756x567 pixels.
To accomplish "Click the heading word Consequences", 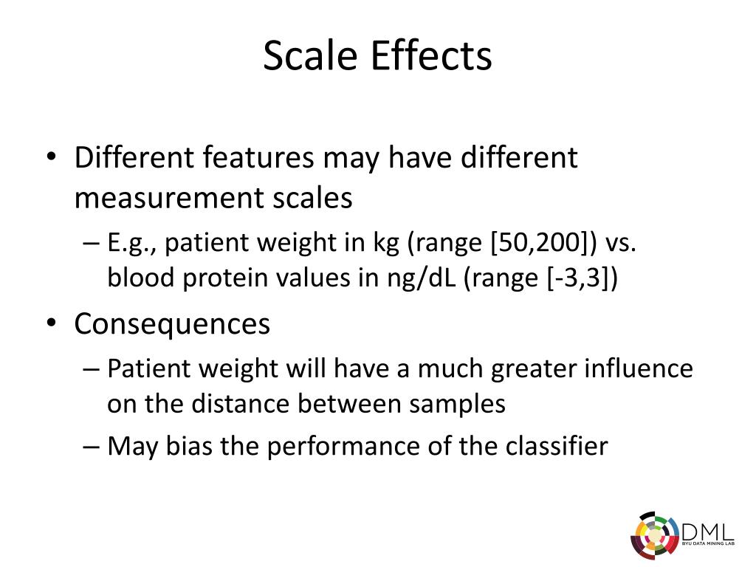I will pos(172,324).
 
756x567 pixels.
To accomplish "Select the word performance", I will pos(327,446).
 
